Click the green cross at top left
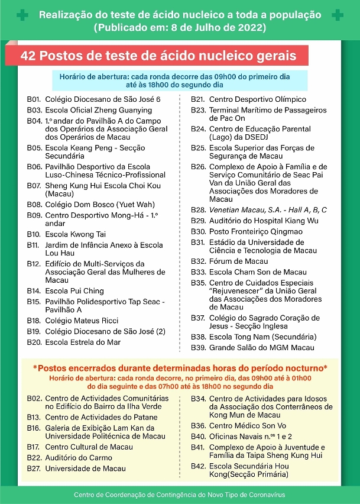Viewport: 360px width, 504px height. point(22,15)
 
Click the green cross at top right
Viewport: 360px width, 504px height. point(338,15)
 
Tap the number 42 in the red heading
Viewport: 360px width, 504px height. point(28,56)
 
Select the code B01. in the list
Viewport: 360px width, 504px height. point(34,99)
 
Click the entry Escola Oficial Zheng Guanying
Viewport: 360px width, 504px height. point(98,110)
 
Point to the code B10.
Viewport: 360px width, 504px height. point(34,234)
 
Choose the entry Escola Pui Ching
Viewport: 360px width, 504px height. point(74,290)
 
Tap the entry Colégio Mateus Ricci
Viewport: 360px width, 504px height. point(82,320)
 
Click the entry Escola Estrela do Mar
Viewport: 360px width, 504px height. point(83,342)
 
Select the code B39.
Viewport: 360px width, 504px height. point(198,347)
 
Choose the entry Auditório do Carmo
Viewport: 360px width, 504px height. point(79,458)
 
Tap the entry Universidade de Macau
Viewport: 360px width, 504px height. point(85,469)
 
